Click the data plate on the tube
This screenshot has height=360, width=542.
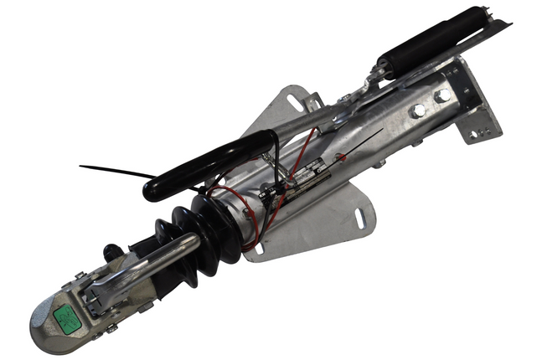point(307,171)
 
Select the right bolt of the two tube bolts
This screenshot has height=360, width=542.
point(441,95)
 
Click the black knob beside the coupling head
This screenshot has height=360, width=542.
point(110,250)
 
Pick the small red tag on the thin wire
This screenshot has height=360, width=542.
point(341,157)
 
